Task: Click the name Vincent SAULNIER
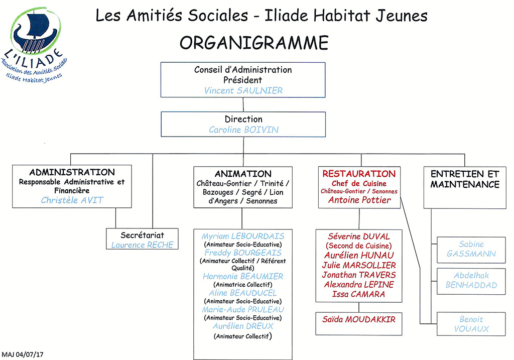(x=243, y=90)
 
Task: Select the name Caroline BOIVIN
(x=243, y=130)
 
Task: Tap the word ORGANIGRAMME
(x=254, y=43)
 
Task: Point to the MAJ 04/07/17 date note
(x=22, y=354)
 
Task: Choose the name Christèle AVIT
(x=72, y=200)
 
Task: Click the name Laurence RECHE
(x=142, y=245)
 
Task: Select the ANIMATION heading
(x=243, y=174)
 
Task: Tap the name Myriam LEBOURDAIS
(x=243, y=236)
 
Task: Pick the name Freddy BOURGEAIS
(x=243, y=253)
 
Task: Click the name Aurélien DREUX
(x=243, y=326)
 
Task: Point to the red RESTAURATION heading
(x=359, y=174)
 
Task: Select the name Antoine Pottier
(x=359, y=200)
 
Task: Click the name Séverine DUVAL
(x=359, y=236)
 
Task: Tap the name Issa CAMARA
(x=358, y=294)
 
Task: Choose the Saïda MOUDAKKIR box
(x=358, y=324)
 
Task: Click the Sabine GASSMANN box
(x=471, y=250)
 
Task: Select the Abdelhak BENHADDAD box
(x=471, y=281)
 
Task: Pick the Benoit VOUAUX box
(x=471, y=324)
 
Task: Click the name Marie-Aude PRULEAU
(x=243, y=309)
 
